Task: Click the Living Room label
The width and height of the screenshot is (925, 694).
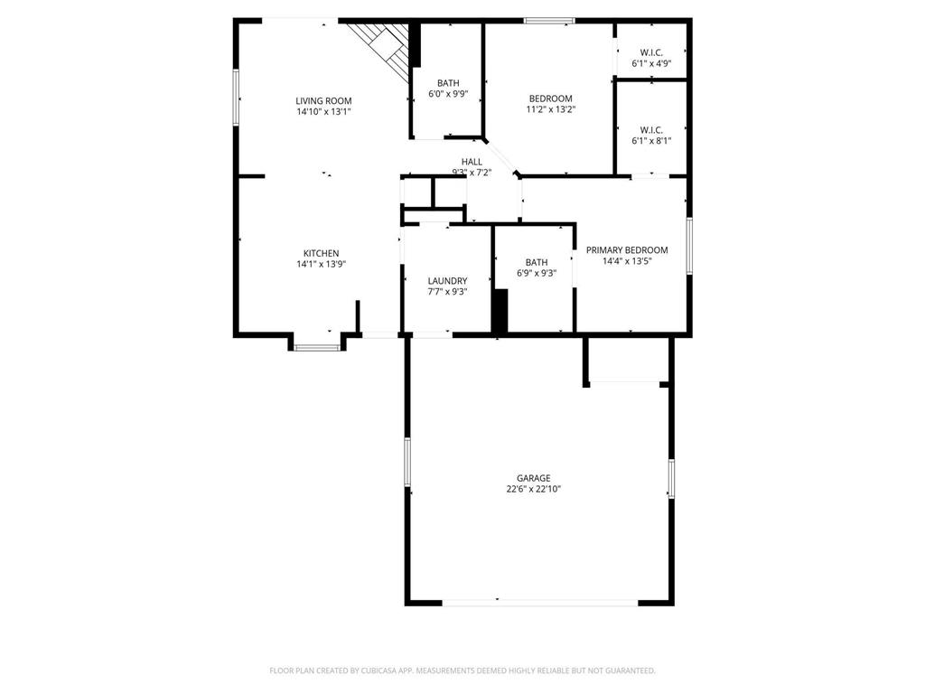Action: coord(323,100)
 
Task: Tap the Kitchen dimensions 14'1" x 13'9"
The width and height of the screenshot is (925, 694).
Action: coord(321,264)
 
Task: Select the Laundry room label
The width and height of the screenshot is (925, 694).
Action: coord(447,280)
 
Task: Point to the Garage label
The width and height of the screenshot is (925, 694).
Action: coord(533,478)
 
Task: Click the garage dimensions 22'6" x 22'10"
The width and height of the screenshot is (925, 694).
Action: coord(533,489)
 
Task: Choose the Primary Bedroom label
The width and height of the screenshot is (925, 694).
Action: coord(627,249)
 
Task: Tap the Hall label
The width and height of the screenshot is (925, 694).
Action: coord(472,162)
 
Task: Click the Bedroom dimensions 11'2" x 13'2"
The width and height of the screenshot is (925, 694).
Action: coord(550,109)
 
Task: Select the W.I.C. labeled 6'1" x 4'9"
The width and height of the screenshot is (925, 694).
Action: coord(650,58)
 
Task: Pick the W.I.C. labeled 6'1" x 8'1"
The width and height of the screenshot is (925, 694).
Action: coord(650,135)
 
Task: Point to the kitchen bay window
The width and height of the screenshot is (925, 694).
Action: coord(317,347)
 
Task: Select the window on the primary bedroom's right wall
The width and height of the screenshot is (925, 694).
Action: coord(688,245)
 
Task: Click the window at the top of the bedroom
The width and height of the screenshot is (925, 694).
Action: coord(549,21)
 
